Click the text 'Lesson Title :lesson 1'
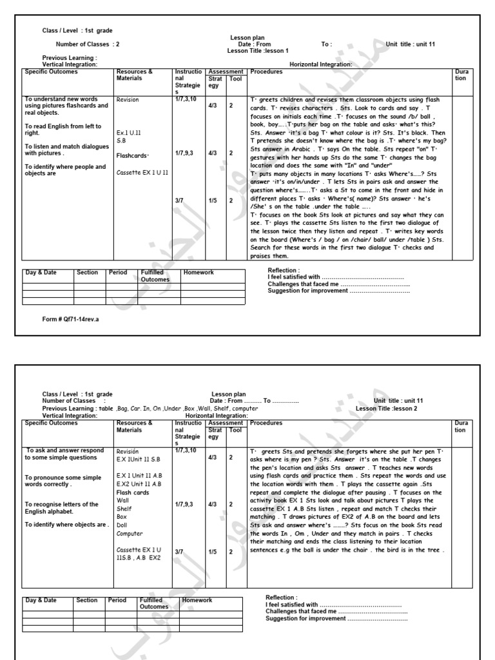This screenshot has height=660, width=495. click(258, 50)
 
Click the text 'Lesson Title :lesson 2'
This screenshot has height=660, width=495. click(387, 409)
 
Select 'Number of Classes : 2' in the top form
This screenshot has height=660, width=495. click(88, 44)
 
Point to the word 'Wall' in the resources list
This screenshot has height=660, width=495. click(122, 500)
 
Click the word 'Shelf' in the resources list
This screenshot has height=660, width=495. click(124, 508)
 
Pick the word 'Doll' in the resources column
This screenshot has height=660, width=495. click(122, 525)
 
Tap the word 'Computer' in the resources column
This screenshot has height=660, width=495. click(130, 534)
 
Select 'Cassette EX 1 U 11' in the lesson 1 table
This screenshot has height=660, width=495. click(142, 173)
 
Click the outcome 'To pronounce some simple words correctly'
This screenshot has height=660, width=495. click(63, 481)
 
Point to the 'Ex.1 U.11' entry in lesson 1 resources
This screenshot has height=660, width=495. click(128, 131)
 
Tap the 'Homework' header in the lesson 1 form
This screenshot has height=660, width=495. click(199, 273)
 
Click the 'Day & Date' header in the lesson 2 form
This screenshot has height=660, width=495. click(41, 600)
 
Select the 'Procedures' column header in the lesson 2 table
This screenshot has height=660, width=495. click(266, 423)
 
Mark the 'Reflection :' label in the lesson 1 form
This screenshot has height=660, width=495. click(284, 271)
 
